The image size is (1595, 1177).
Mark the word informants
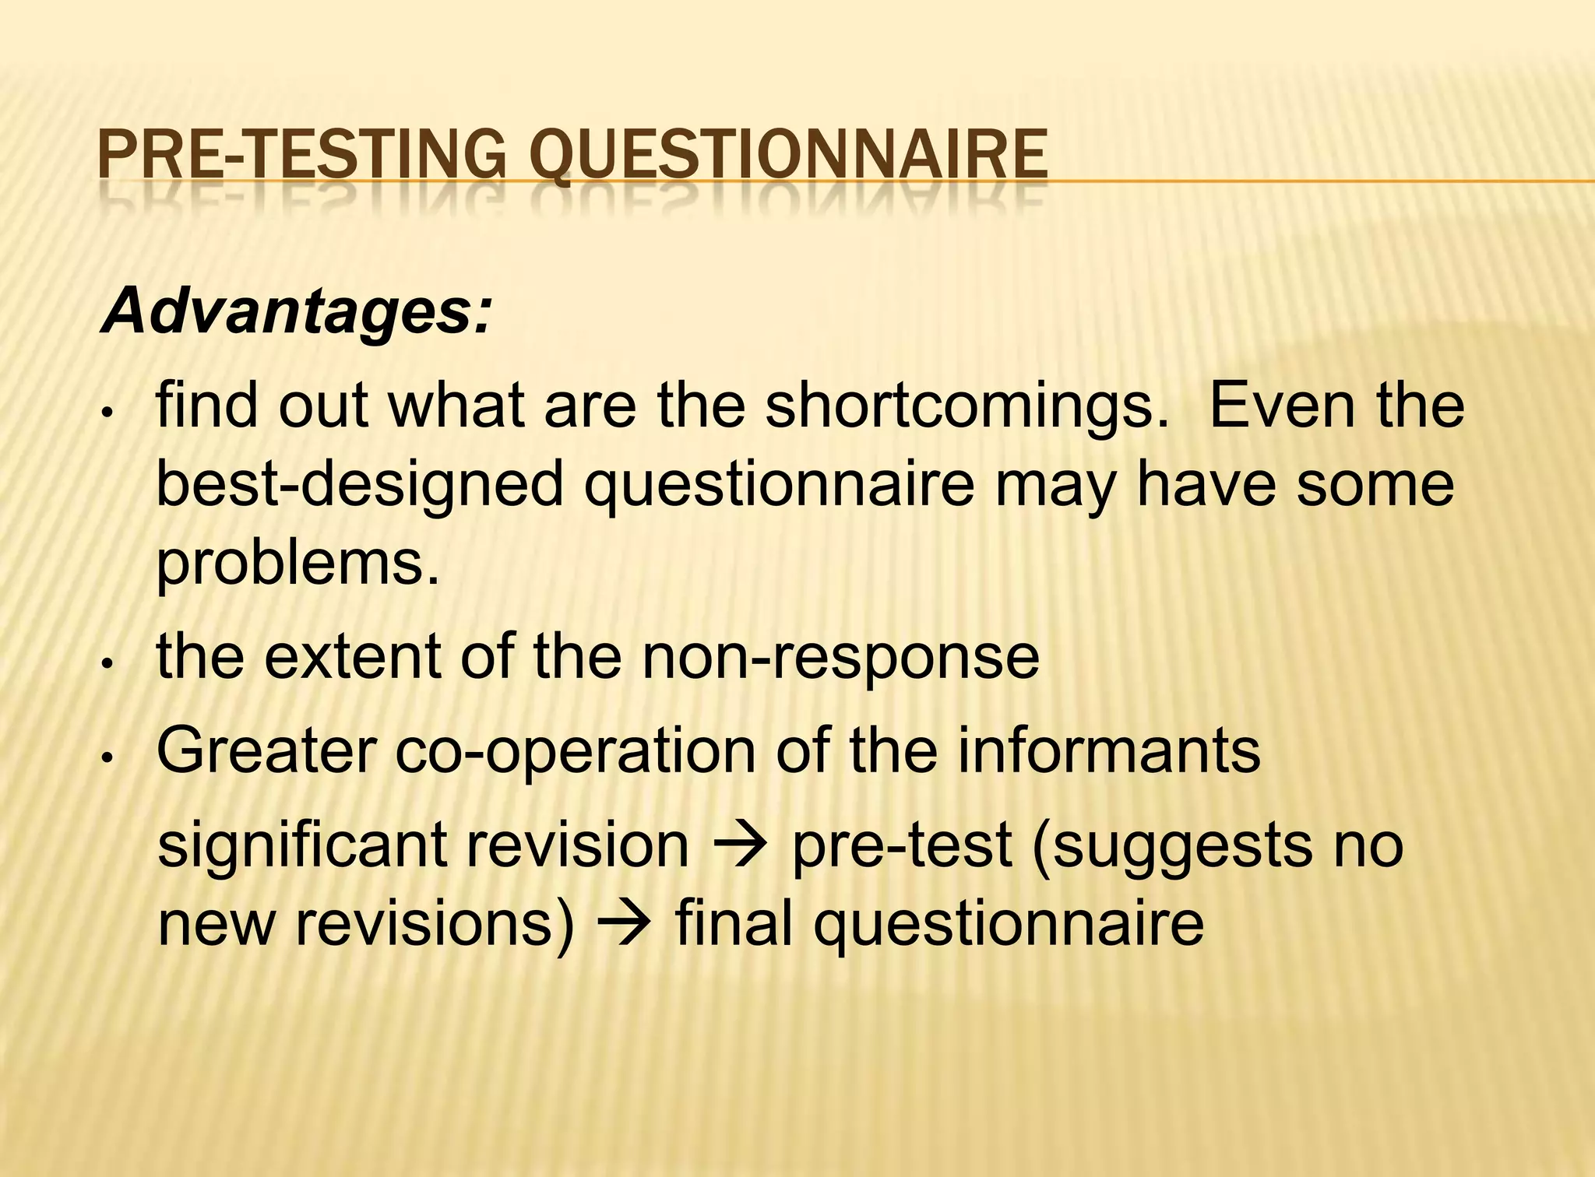coord(1108,751)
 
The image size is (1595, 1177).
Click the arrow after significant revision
coord(740,847)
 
